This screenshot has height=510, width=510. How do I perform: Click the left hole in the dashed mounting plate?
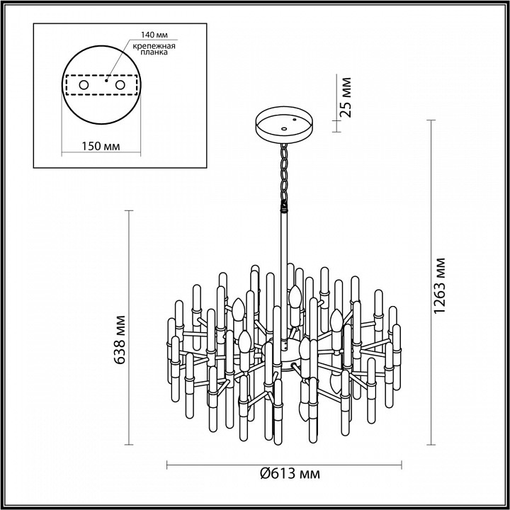point(84,85)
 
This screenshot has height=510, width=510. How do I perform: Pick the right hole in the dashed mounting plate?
point(120,85)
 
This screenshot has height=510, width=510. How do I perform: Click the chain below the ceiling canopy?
point(285,174)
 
